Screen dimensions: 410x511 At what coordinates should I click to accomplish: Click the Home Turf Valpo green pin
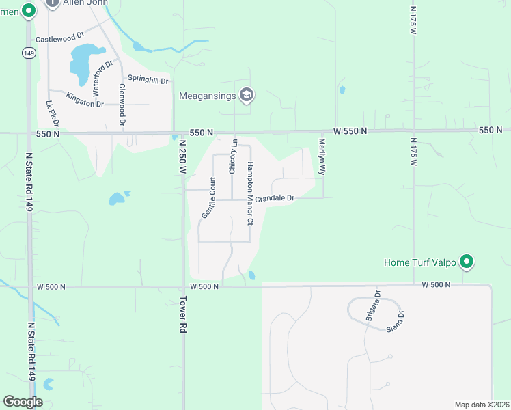[467, 261]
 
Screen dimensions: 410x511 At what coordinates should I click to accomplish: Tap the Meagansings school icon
[246, 96]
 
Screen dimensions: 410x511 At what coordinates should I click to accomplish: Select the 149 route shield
[28, 53]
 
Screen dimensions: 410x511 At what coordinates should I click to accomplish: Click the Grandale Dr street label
[275, 197]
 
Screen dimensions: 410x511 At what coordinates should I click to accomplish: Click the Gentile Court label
[208, 197]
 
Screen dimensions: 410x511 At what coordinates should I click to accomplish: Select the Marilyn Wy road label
[321, 157]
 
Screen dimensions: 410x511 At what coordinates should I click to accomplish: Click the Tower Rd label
[183, 314]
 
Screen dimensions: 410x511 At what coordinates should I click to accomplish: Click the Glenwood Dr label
[123, 106]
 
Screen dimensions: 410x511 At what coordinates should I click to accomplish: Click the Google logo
[23, 402]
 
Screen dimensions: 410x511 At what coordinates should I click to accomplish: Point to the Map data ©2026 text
[482, 405]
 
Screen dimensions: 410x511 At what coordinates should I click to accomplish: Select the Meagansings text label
[207, 96]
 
